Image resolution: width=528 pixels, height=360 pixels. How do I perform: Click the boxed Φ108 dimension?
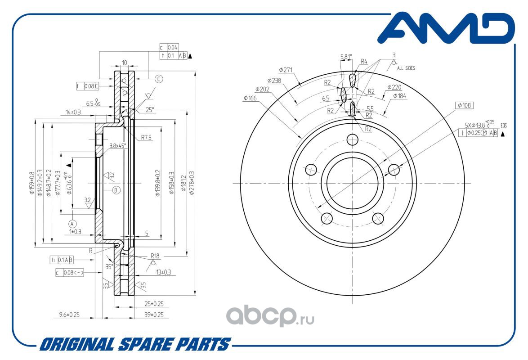pos(465,106)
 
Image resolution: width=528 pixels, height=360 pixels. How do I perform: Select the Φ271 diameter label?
pos(286,70)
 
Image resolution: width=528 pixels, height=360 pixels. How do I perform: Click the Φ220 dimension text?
pos(394,87)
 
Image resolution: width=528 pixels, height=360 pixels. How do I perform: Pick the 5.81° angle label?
pos(346,57)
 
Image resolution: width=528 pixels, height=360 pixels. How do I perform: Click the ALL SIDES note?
pos(406,68)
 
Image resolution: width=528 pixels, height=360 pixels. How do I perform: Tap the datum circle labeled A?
pos(72,223)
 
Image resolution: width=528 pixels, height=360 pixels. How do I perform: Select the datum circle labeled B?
pos(116,190)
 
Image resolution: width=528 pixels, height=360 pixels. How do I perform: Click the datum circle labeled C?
pos(159,79)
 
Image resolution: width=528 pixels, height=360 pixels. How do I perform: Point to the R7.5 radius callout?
pos(146,138)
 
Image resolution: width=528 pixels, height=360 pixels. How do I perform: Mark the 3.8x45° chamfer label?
pos(118,145)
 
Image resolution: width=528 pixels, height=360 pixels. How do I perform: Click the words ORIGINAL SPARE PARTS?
pos(135,345)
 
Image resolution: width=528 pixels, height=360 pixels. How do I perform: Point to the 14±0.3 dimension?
pos(73,112)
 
